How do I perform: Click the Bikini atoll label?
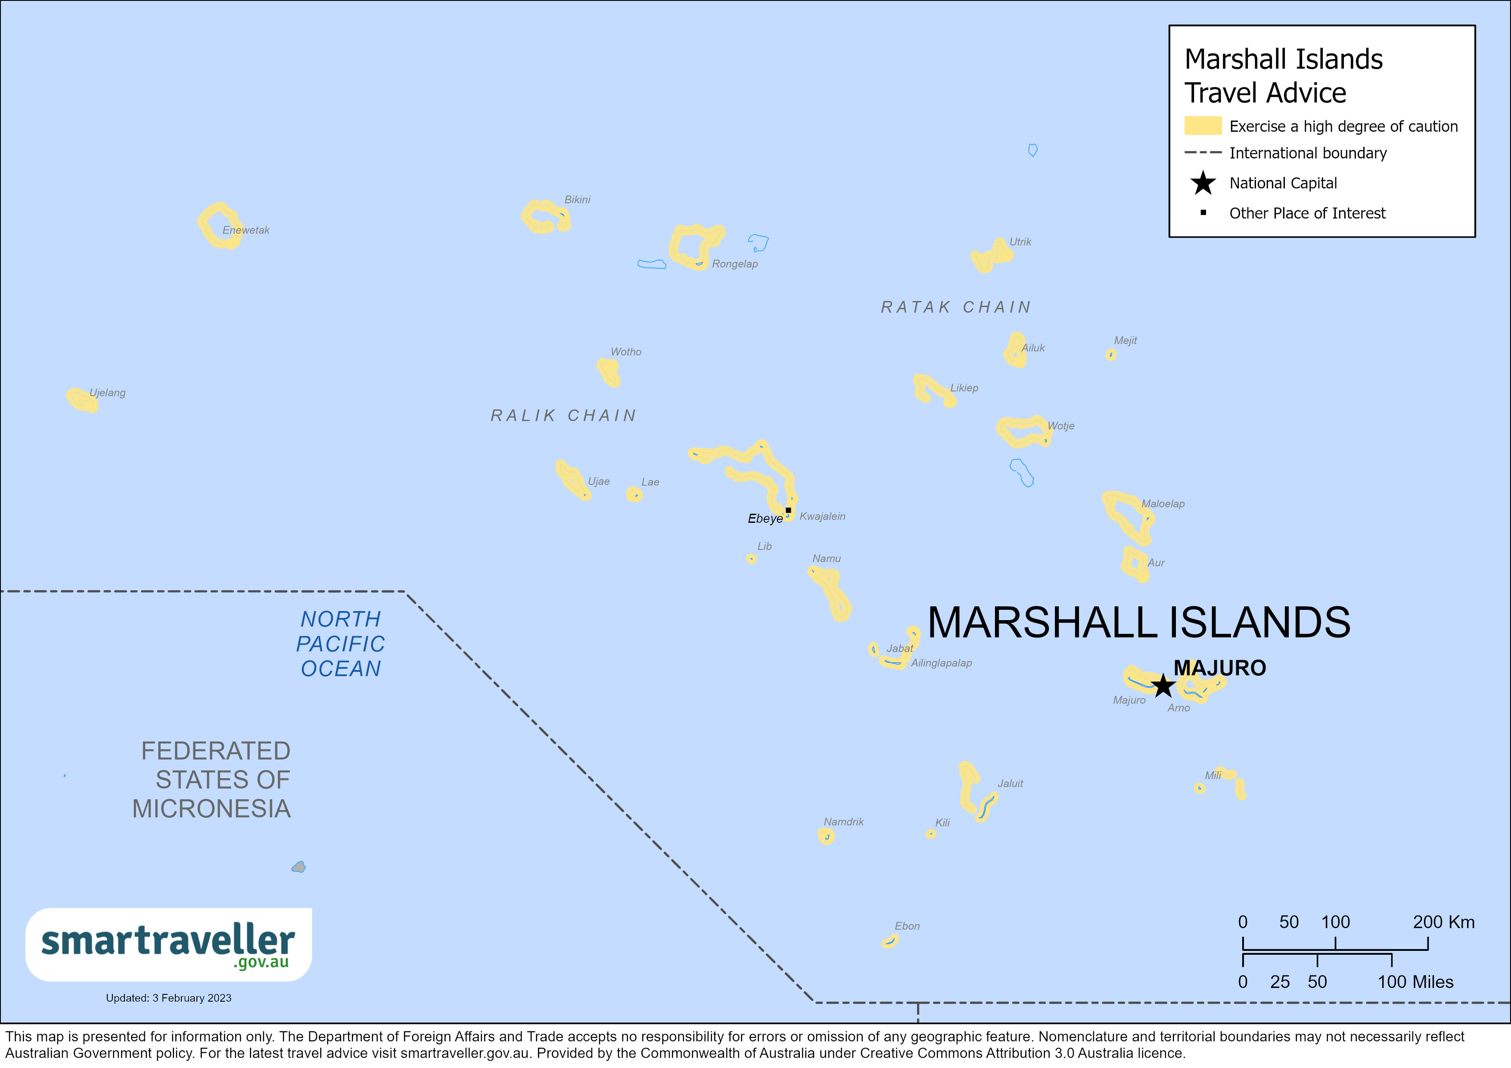click(x=577, y=199)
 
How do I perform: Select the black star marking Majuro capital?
click(x=1163, y=685)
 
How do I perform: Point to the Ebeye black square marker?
click(x=788, y=510)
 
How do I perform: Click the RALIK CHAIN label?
click(x=563, y=415)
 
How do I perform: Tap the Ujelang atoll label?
click(x=107, y=393)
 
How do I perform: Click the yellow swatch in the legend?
click(x=1202, y=126)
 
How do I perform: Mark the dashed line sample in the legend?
click(x=1202, y=153)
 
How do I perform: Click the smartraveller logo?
click(x=168, y=944)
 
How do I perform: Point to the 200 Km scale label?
click(x=1443, y=922)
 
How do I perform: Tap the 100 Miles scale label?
click(x=1415, y=982)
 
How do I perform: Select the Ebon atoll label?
click(x=907, y=926)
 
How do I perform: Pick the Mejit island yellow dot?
click(x=1111, y=355)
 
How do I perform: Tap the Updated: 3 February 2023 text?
click(x=168, y=998)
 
